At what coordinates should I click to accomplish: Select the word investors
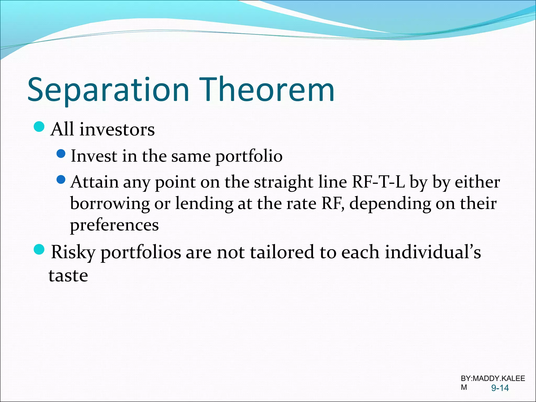(117, 130)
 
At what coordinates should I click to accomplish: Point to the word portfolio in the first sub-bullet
(249, 157)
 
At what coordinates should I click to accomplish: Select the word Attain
(94, 182)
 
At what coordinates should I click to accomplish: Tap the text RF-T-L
(378, 182)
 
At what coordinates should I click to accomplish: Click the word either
(477, 182)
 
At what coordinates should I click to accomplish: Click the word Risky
(73, 253)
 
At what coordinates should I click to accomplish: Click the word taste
(68, 276)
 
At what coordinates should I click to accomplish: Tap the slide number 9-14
(500, 388)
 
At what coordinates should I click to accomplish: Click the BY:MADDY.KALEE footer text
(493, 378)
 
